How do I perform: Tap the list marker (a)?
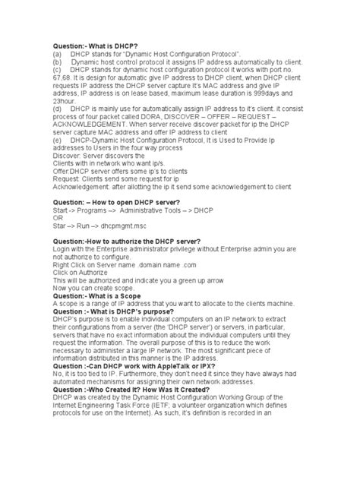point(58,55)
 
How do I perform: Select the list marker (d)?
point(58,109)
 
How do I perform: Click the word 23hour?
point(65,100)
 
